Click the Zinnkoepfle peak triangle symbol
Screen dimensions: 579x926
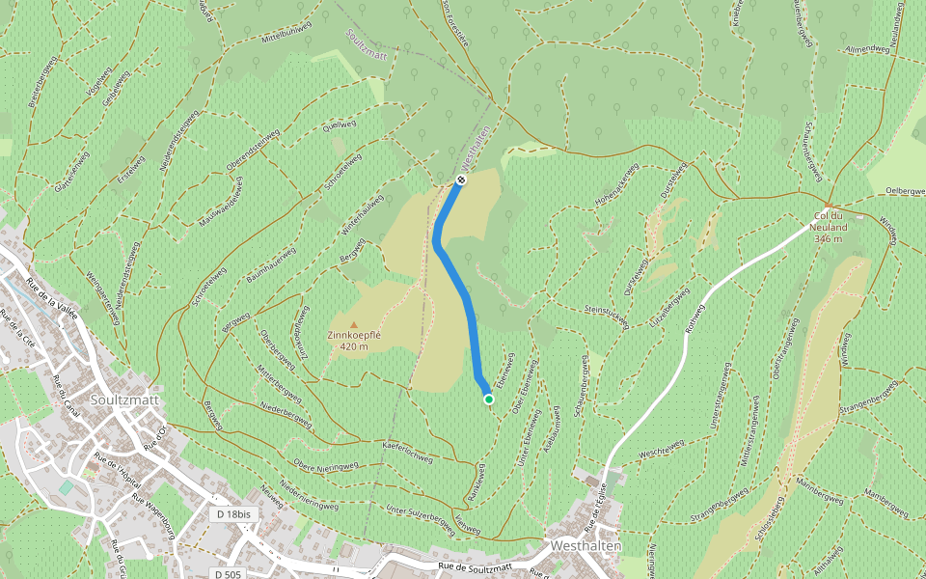(353, 325)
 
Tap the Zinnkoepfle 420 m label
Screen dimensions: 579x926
(354, 341)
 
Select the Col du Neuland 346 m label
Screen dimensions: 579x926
(829, 227)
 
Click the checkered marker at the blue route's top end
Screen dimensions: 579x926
(462, 179)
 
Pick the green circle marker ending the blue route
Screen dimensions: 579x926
(489, 399)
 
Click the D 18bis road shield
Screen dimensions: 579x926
(233, 515)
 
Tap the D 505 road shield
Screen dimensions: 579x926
(228, 574)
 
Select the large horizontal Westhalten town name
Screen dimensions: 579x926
(586, 545)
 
